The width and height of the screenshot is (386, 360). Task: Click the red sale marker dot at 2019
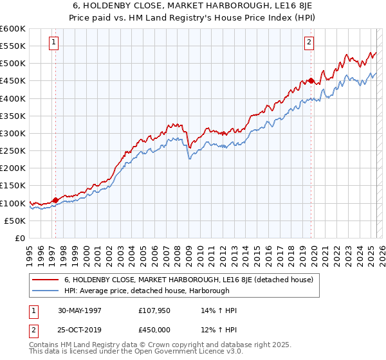(x=311, y=81)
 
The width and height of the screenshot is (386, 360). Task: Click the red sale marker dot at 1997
(x=55, y=200)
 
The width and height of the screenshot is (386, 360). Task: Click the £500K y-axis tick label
(x=12, y=64)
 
